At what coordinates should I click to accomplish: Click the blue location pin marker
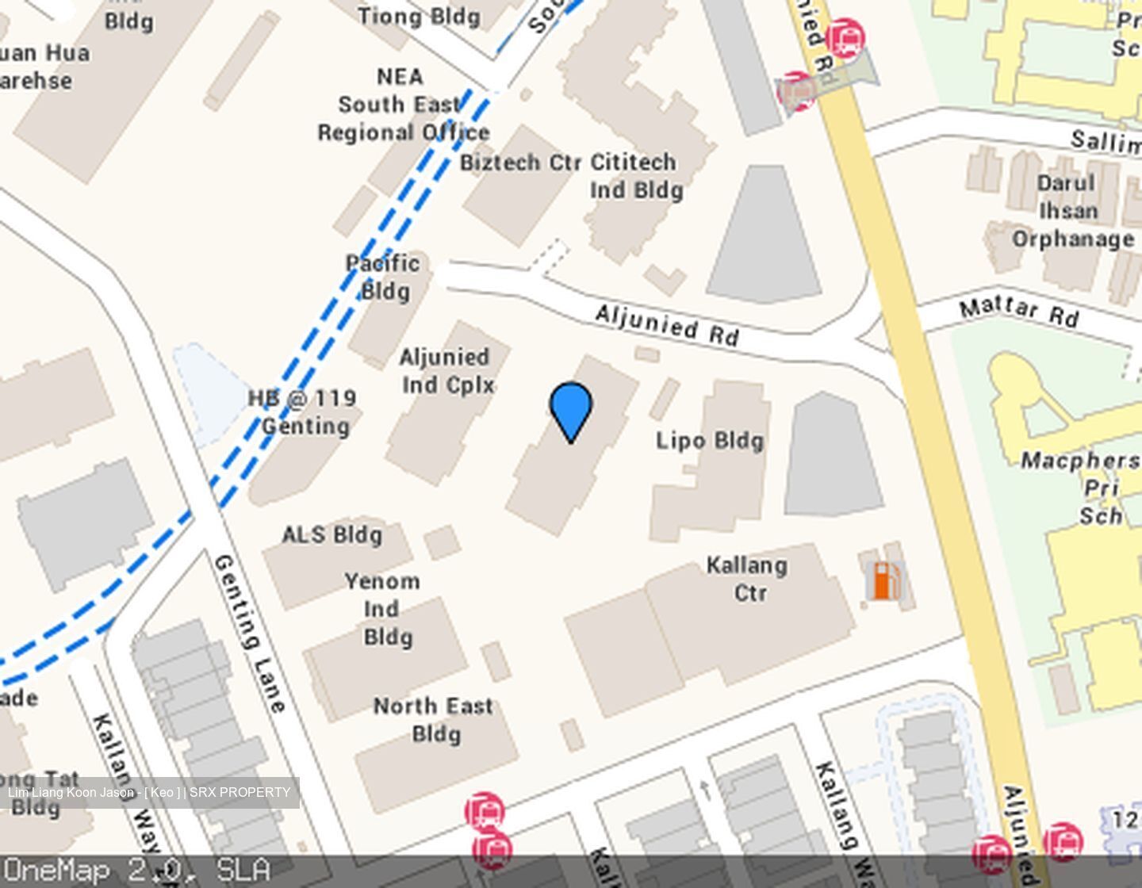570,408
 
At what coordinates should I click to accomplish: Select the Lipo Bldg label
710,441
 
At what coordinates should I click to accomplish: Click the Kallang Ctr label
747,579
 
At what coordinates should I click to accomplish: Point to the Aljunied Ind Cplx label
447,371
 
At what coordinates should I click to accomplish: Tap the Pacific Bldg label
383,277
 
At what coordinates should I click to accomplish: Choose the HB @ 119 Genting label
303,412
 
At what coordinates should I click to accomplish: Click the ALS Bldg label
332,535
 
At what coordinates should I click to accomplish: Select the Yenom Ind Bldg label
384,609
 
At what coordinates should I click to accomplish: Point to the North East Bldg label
434,719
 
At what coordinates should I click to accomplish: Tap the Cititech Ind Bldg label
634,176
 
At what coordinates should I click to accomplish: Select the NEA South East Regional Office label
402,105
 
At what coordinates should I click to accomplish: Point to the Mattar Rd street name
1019,311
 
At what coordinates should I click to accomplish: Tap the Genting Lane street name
249,633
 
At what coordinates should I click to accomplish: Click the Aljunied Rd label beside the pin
667,325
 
